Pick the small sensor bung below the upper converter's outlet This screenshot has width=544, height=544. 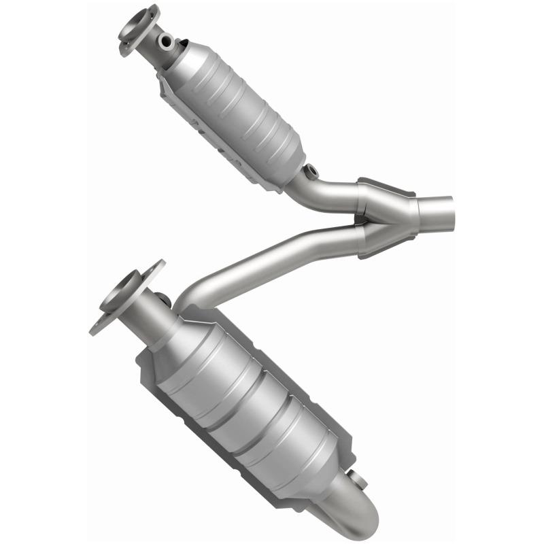(311, 171)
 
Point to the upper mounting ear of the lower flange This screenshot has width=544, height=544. (155, 269)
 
